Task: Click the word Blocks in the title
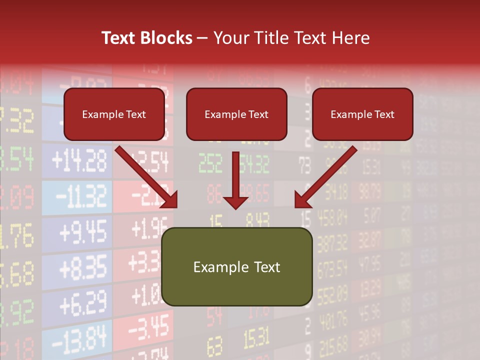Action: click(x=166, y=38)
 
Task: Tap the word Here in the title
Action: click(x=350, y=38)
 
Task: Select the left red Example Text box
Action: click(x=114, y=114)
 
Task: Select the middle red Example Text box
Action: click(x=236, y=114)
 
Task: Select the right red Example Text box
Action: click(x=362, y=114)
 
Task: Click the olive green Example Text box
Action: click(x=236, y=266)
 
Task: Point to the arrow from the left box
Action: click(x=147, y=177)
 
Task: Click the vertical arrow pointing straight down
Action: click(x=235, y=180)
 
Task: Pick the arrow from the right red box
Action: click(x=325, y=177)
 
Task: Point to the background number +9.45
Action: click(x=82, y=231)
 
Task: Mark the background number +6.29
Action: click(x=83, y=303)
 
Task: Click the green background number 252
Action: click(x=210, y=162)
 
